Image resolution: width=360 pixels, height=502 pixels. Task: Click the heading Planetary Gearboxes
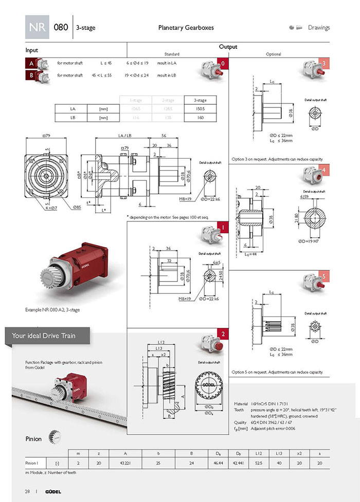[186, 28]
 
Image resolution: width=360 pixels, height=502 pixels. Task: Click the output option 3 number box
[323, 64]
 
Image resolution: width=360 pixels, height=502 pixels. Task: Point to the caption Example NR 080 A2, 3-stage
[52, 310]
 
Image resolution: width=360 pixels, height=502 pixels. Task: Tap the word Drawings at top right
[319, 28]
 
